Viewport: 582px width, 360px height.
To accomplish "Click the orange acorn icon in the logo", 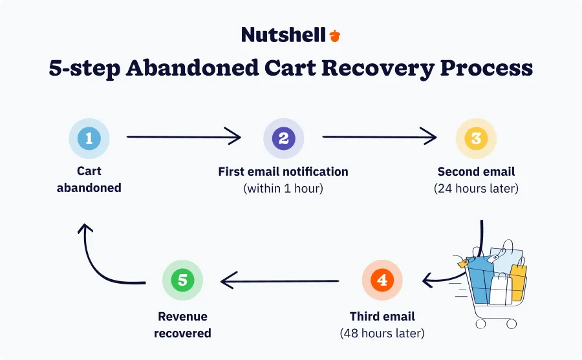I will (334, 36).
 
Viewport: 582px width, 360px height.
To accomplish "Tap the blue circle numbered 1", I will (89, 138).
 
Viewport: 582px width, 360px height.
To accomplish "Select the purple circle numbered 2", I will (283, 138).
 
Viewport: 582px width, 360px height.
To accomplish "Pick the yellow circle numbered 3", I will (476, 138).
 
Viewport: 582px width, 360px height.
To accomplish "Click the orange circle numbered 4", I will (382, 281).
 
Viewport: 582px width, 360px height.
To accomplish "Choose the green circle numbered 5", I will (182, 281).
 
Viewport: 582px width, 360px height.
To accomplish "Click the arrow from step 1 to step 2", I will (184, 137).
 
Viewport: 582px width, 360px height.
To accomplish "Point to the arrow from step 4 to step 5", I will (279, 281).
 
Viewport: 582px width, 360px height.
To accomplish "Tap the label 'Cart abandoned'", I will (89, 180).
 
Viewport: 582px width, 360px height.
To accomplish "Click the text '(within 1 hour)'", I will (283, 189).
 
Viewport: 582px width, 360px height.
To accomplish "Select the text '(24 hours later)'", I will (476, 189).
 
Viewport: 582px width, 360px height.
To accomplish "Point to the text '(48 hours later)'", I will (382, 334).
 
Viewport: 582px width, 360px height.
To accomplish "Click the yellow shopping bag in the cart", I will (518, 281).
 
